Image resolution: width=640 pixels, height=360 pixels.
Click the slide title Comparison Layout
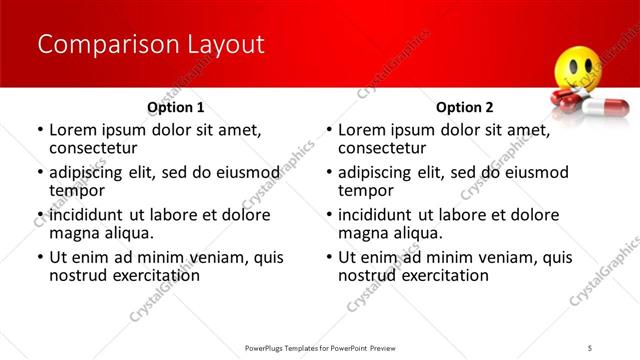[x=150, y=45]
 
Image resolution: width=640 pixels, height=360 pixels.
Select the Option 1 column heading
[x=176, y=107]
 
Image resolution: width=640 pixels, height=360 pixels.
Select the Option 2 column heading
[x=465, y=107]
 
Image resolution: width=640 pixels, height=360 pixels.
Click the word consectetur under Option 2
[x=381, y=148]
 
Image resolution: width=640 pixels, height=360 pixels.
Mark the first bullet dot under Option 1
[x=40, y=130]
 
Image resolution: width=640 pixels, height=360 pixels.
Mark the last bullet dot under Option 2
[x=329, y=258]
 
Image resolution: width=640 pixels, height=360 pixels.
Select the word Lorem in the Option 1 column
[x=72, y=129]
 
